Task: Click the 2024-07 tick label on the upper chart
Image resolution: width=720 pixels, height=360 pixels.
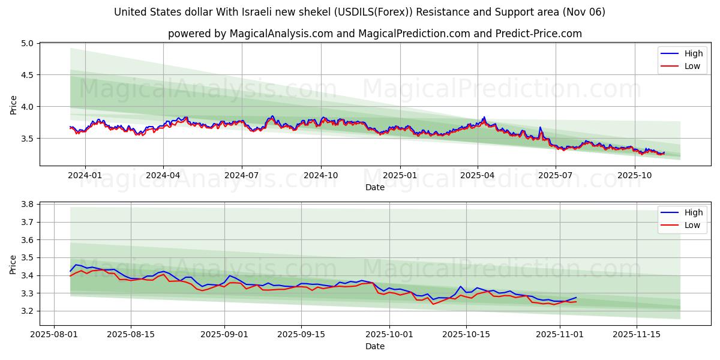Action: point(242,175)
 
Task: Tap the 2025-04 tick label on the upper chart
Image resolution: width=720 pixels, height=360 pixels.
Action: point(478,175)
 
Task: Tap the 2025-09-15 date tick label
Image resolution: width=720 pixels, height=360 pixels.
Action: point(301,335)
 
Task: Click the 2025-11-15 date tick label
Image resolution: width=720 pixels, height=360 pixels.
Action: point(635,335)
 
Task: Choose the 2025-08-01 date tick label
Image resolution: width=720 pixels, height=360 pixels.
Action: point(55,335)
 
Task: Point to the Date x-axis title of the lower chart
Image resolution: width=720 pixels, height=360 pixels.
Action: point(375,346)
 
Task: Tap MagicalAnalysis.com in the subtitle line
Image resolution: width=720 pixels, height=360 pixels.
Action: point(281,34)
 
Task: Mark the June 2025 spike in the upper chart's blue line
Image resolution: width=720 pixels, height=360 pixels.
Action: point(540,127)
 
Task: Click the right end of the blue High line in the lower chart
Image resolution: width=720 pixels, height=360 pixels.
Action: point(576,298)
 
